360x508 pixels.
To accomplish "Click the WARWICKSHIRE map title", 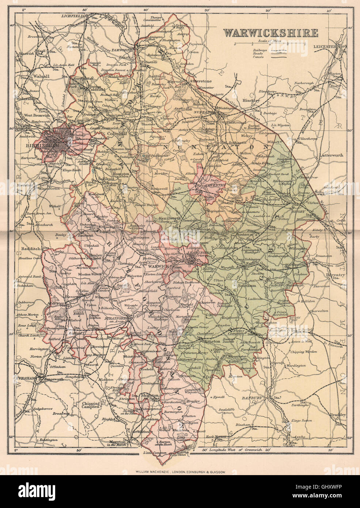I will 270,33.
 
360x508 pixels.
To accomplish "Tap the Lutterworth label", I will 331,155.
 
